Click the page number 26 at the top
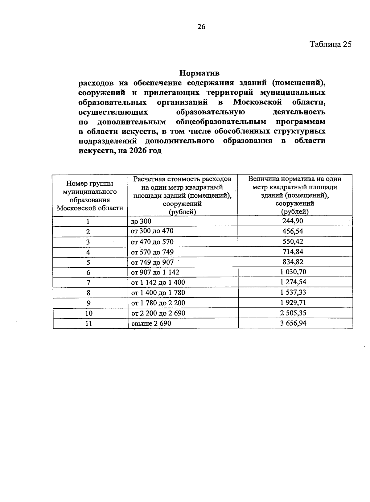[x=201, y=27]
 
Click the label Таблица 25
[x=330, y=44]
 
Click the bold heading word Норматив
[x=199, y=73]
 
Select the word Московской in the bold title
[x=258, y=102]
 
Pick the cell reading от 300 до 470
[x=152, y=231]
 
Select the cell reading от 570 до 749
[x=152, y=252]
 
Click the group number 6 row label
[x=88, y=272]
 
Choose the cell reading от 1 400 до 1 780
[x=158, y=293]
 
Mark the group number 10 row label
[x=88, y=313]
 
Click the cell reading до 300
[x=141, y=221]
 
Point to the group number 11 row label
[x=88, y=323]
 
